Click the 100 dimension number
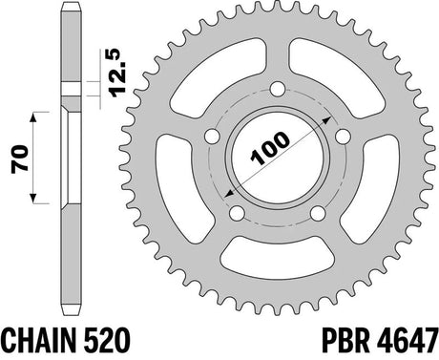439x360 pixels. tap(270, 148)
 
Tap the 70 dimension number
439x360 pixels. tap(19, 159)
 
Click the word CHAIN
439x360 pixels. tap(35, 339)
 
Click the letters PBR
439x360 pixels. tap(346, 339)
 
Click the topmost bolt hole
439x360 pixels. tap(278, 89)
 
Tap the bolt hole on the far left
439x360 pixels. tap(212, 137)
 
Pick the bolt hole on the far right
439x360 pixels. tap(344, 137)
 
